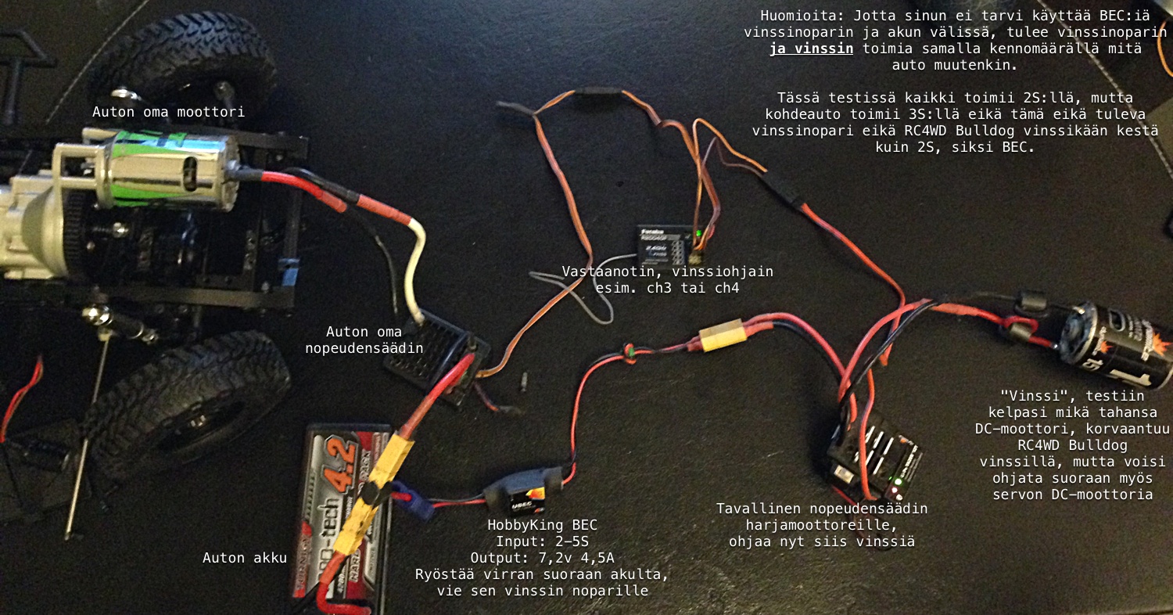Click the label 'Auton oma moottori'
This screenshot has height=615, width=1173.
[x=169, y=112]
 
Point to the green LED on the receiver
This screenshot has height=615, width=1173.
[x=698, y=233]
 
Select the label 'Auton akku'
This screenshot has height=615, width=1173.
[x=245, y=558]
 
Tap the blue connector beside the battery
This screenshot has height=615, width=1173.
[x=412, y=500]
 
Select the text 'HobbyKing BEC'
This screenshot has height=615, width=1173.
[x=542, y=525]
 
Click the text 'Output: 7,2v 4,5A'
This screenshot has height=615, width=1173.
[x=542, y=558]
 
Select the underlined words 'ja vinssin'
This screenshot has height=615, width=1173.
[x=811, y=49]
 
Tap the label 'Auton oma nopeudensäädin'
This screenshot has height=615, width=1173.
[x=364, y=340]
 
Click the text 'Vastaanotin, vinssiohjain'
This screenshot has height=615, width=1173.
[x=668, y=272]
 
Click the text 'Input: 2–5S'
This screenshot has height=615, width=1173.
[x=542, y=541]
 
